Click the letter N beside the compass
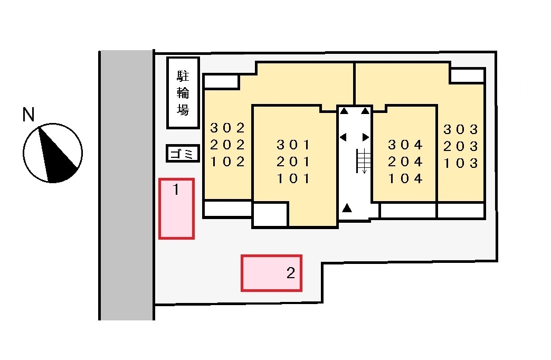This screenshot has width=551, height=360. tap(28, 115)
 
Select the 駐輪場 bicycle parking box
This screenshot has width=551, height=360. tap(183, 93)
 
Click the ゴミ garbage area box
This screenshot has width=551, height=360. tap(183, 154)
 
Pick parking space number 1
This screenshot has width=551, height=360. tap(176, 209)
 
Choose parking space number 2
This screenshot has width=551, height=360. tap(271, 273)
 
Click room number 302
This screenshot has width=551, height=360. tap(227, 128)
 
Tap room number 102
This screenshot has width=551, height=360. tap(227, 162)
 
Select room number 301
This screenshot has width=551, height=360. tap(293, 145)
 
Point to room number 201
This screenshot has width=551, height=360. tap(293, 162)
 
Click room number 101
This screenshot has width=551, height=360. tap(293, 178)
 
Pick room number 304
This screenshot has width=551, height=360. tap(405, 145)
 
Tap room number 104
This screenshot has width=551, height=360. tap(405, 178)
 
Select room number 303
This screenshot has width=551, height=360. tap(461, 129)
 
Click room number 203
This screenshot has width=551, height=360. tap(461, 146)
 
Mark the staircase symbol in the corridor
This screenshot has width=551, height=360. tap(364, 160)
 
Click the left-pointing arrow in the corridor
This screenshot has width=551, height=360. tap(343, 137)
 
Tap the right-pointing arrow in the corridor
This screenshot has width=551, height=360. tap(366, 137)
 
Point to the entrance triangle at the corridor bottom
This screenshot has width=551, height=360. tap(347, 208)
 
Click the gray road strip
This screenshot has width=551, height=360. tap(127, 185)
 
